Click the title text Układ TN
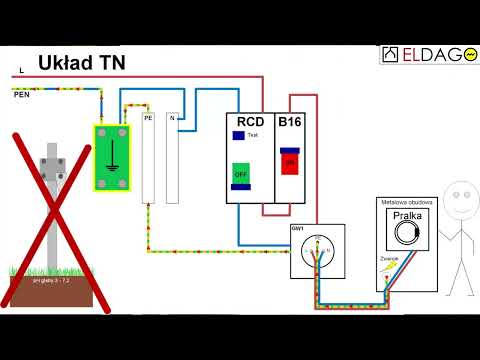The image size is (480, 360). coord(82,63)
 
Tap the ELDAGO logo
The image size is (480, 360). coord(428,54)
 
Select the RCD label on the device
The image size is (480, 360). coord(250,122)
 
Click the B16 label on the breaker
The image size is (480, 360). coord(290,122)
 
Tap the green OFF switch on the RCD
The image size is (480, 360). coord(240,173)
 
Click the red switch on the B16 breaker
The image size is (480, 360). coord(290,161)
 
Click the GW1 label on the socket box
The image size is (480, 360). coord(298,229)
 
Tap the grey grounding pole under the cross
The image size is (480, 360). coord(51,210)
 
